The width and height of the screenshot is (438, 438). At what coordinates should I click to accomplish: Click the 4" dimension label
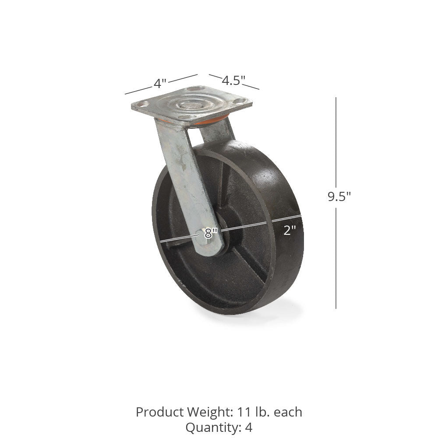coord(160,83)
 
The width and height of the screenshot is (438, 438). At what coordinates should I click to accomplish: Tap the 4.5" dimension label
coord(233,81)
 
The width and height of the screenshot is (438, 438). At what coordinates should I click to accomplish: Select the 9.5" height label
coord(339,197)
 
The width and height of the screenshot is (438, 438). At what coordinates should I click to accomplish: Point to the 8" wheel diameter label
coord(211,233)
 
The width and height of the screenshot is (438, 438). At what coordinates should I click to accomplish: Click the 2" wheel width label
coord(290,230)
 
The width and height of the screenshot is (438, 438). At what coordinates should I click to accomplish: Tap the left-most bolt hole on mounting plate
coord(143,104)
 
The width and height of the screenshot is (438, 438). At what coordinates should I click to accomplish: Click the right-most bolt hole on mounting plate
coord(239,101)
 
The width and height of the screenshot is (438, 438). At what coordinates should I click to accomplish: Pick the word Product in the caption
coord(159,412)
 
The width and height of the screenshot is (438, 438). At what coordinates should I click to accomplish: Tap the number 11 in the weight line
coord(244,412)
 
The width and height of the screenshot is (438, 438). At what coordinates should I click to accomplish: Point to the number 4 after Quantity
coord(248,427)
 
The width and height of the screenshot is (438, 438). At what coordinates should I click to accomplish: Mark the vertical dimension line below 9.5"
coord(336,258)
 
